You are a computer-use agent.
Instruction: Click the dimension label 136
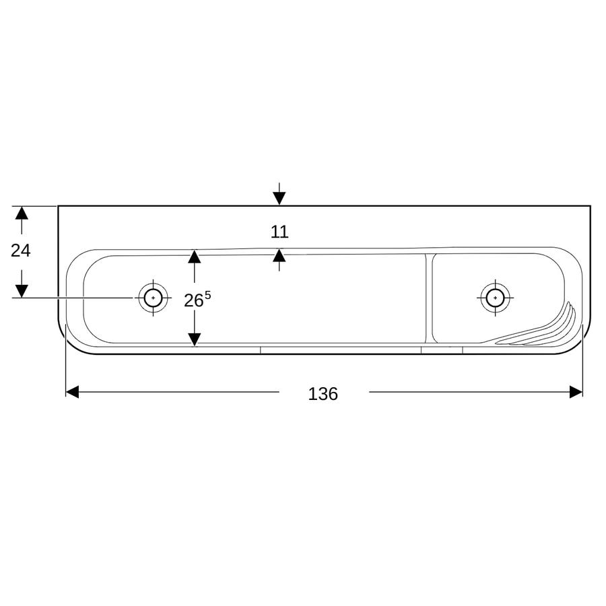[x=323, y=394]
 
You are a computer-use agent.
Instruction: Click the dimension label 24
[x=20, y=251]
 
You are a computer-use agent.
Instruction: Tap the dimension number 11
[x=279, y=232]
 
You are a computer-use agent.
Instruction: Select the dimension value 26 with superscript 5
[x=197, y=300]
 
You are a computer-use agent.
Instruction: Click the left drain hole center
[x=154, y=298]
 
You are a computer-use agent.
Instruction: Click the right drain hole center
[x=495, y=298]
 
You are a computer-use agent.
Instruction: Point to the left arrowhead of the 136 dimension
[x=72, y=392]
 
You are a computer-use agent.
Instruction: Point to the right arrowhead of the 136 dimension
[x=576, y=392]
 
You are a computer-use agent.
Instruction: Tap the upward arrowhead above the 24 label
[x=22, y=213]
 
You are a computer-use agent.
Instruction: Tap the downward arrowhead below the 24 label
[x=22, y=291]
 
